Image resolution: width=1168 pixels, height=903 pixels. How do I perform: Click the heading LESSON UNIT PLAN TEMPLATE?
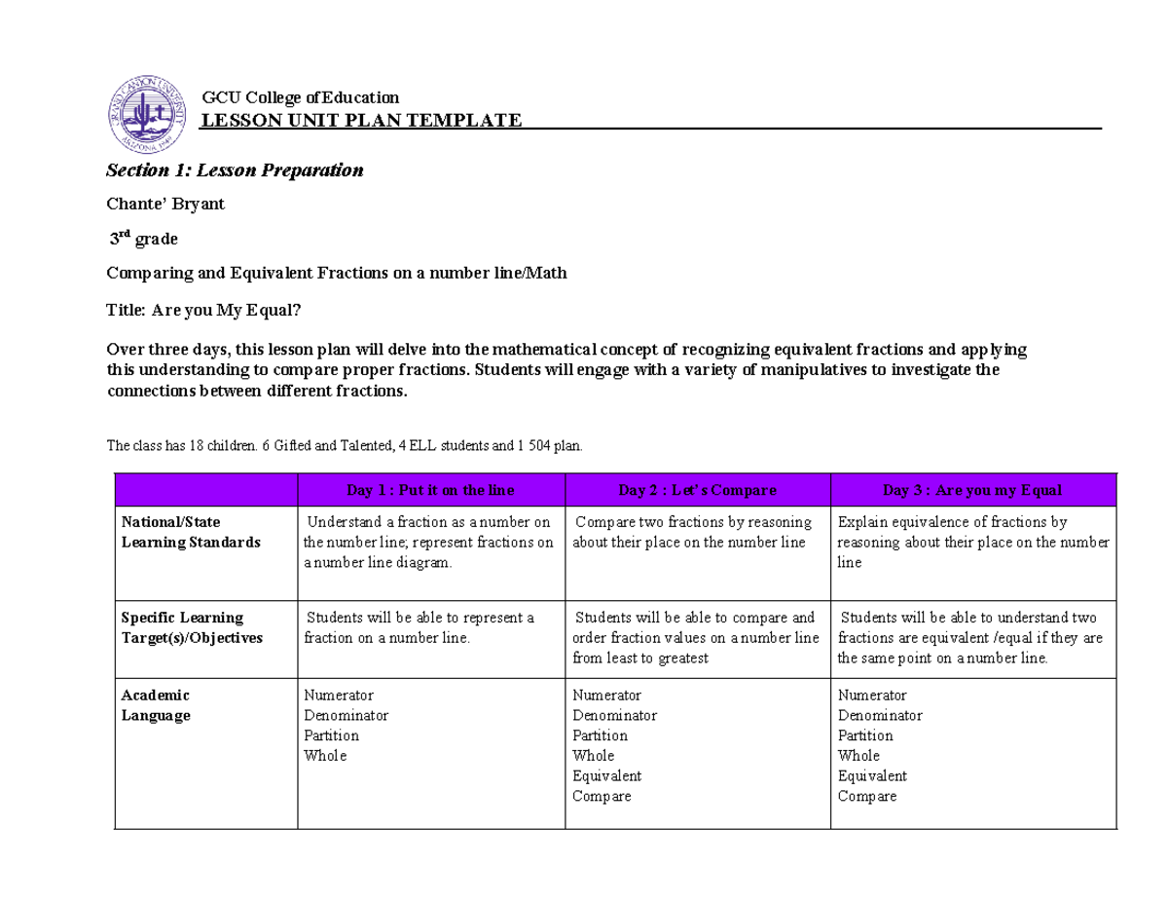pyautogui.click(x=360, y=120)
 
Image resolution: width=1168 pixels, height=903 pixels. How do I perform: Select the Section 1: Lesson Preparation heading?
pyautogui.click(x=235, y=170)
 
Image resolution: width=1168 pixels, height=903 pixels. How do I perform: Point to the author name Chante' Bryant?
pyautogui.click(x=165, y=205)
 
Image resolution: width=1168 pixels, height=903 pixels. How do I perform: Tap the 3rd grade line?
pyautogui.click(x=143, y=239)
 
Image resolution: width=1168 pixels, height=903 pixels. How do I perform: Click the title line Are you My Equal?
pyautogui.click(x=204, y=310)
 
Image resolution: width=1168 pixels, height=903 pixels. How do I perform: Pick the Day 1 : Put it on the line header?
pyautogui.click(x=430, y=489)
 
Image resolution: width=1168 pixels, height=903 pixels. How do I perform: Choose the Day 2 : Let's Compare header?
pyautogui.click(x=697, y=489)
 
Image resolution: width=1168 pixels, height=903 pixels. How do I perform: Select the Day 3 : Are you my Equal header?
pyautogui.click(x=971, y=489)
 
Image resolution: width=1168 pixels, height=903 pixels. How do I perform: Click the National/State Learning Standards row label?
pyautogui.click(x=190, y=532)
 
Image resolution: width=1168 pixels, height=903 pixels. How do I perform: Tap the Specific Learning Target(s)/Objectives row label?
pyautogui.click(x=191, y=627)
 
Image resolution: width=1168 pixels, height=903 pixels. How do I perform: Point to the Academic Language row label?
pyautogui.click(x=156, y=705)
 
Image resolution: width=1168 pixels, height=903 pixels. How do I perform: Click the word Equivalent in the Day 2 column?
pyautogui.click(x=606, y=775)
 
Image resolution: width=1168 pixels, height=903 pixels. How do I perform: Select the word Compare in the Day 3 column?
pyautogui.click(x=867, y=796)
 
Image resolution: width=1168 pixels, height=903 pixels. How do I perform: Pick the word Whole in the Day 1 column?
pyautogui.click(x=325, y=755)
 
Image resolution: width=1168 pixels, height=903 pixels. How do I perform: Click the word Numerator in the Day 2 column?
pyautogui.click(x=606, y=695)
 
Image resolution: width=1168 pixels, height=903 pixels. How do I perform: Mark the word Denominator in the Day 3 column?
pyautogui.click(x=880, y=715)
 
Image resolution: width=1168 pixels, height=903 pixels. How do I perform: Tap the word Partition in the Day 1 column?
pyautogui.click(x=331, y=735)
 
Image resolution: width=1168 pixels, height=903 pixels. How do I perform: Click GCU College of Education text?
pyautogui.click(x=300, y=97)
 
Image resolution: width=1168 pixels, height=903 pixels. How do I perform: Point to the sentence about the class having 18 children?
pyautogui.click(x=345, y=445)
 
